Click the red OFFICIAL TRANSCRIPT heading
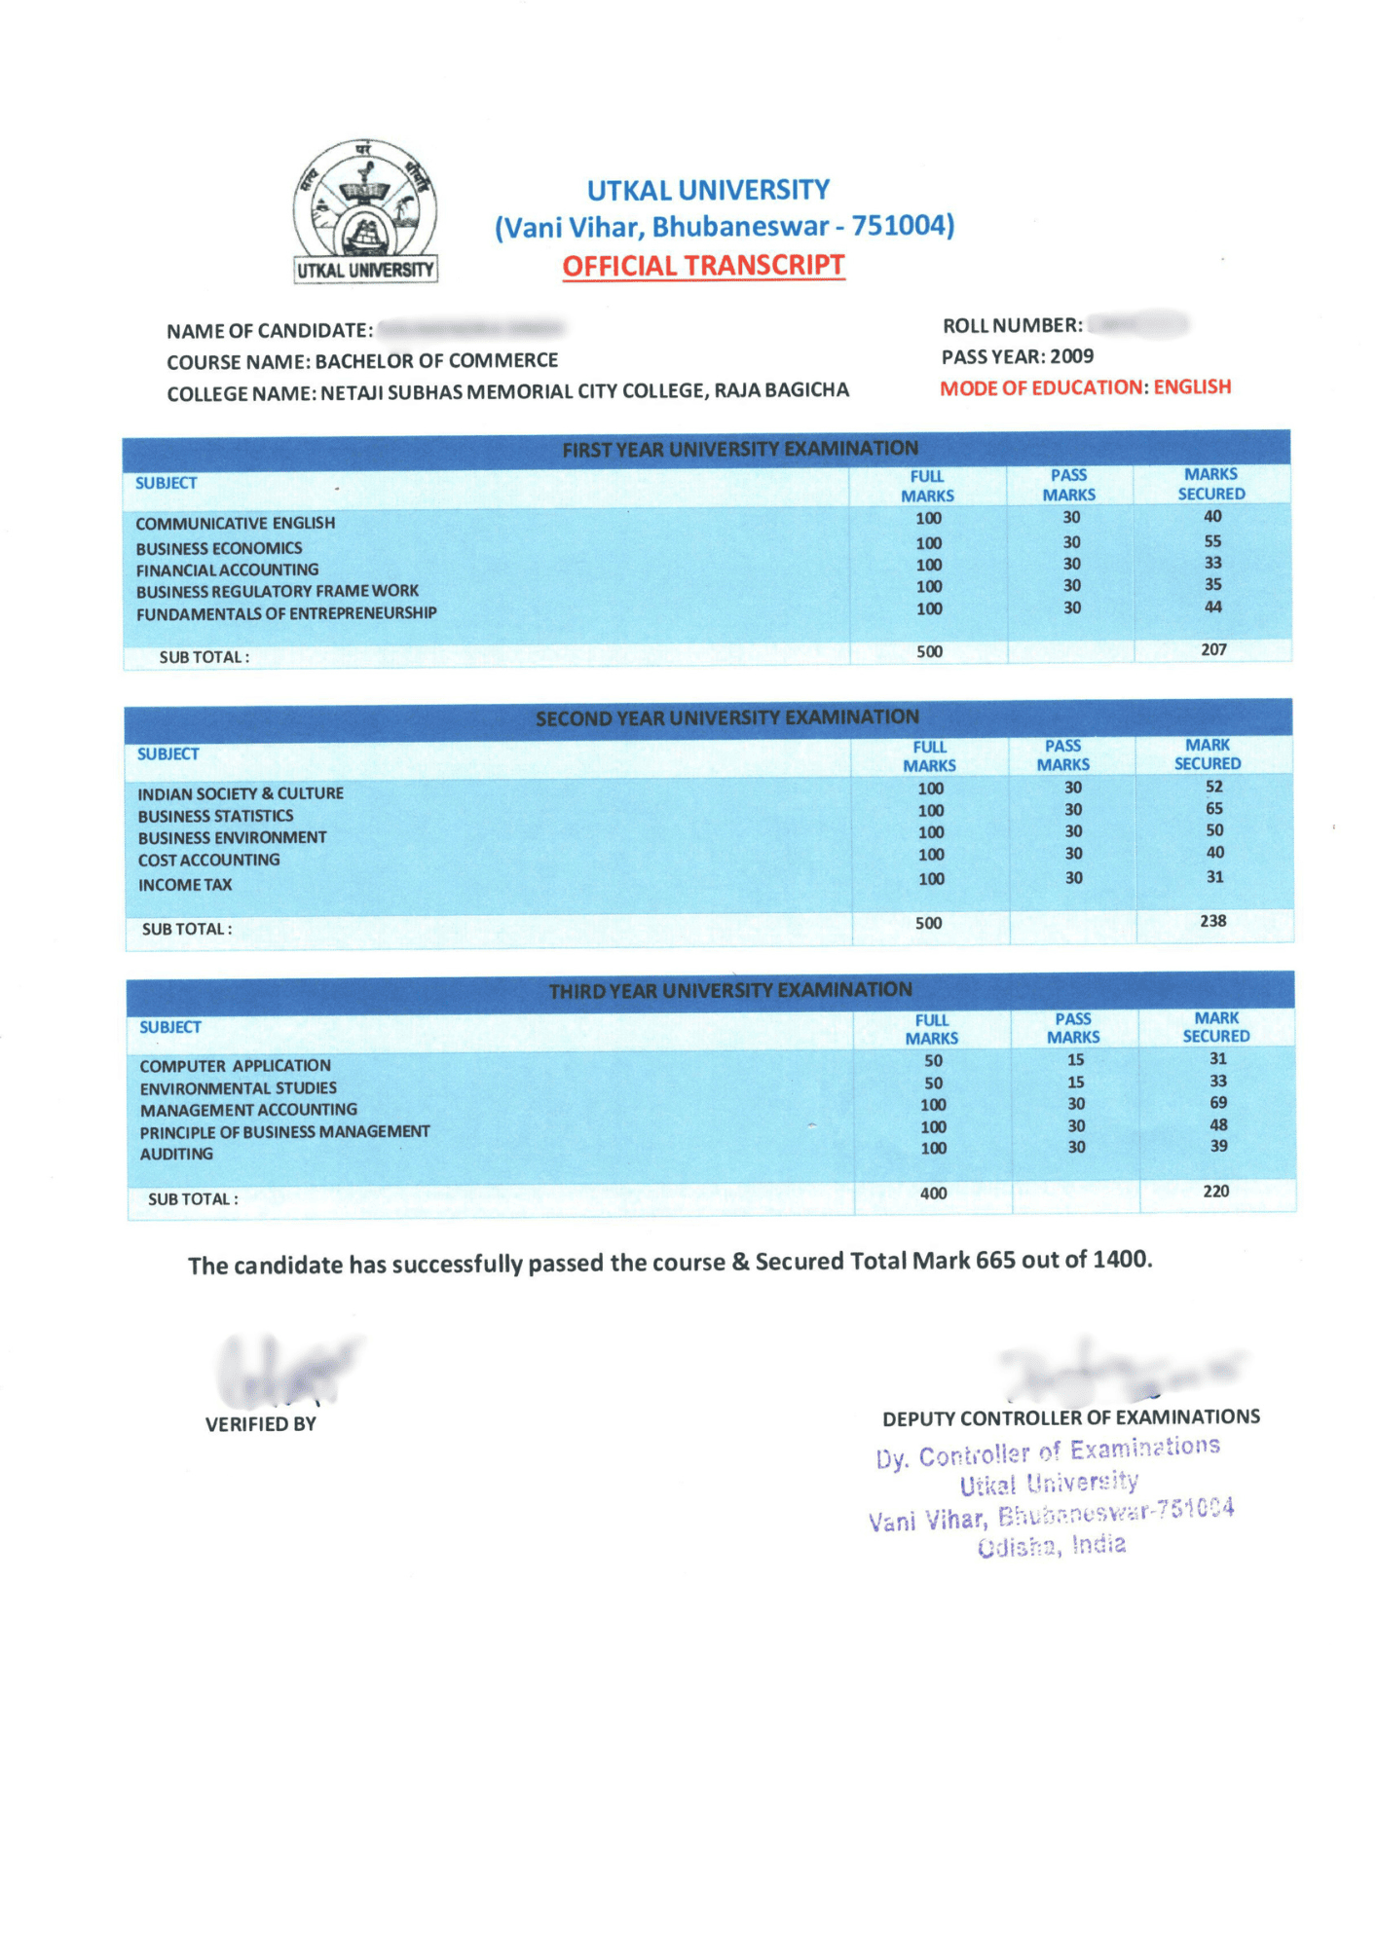[703, 266]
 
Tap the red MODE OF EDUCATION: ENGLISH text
[1085, 387]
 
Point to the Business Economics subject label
[219, 548]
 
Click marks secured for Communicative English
[1212, 517]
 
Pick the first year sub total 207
[1213, 649]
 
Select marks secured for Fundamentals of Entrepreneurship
[1212, 606]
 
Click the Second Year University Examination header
[726, 717]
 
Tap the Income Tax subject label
[185, 885]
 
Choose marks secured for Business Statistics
[1213, 808]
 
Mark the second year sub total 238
[1212, 921]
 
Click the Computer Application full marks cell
[933, 1060]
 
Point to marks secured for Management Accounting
[1218, 1103]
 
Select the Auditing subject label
[176, 1154]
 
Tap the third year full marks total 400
[933, 1194]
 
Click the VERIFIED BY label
[261, 1424]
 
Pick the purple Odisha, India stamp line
[1052, 1546]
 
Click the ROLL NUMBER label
[1012, 325]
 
